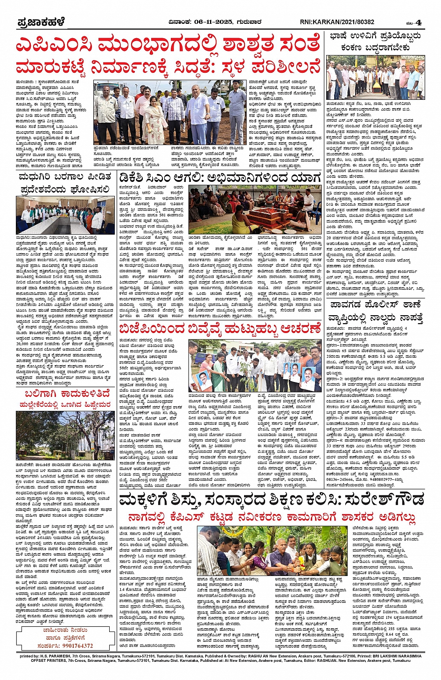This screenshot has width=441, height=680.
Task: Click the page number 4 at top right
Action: tap(419, 22)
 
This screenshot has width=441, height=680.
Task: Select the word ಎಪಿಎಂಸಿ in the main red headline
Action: tap(55, 45)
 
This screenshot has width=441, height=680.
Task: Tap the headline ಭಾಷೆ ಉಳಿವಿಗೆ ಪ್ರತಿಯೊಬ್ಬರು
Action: tap(375, 36)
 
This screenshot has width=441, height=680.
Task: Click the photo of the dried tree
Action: tap(65, 435)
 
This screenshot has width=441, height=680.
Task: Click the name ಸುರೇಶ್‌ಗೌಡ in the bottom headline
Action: tap(383, 500)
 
